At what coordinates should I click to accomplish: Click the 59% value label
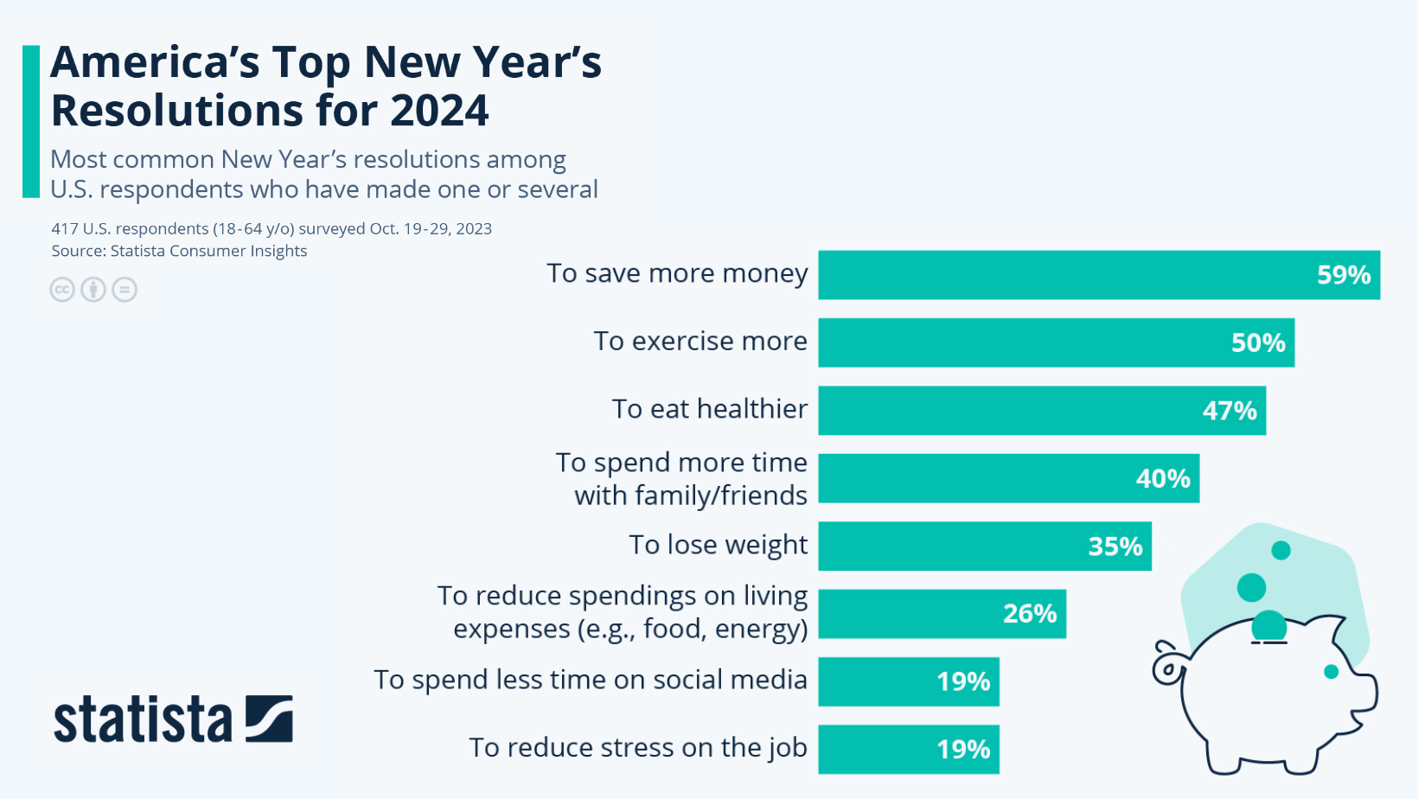pyautogui.click(x=1343, y=275)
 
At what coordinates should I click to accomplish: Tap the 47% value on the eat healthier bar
pyautogui.click(x=1229, y=411)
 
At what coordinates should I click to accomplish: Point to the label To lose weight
pyautogui.click(x=718, y=545)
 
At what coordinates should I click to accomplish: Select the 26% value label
pyautogui.click(x=1029, y=614)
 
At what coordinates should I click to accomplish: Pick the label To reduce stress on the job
pyautogui.click(x=637, y=747)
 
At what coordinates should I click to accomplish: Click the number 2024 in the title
pyautogui.click(x=439, y=111)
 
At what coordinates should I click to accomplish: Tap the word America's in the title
pyautogui.click(x=154, y=62)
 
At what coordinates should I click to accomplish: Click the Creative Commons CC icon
pyautogui.click(x=62, y=290)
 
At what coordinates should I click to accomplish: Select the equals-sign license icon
pyautogui.click(x=125, y=290)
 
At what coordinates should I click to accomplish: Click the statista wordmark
pyautogui.click(x=143, y=719)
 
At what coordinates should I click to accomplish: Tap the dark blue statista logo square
pyautogui.click(x=269, y=719)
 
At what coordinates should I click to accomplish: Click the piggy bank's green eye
pyautogui.click(x=1331, y=672)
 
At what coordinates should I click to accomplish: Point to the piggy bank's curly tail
pyautogui.click(x=1167, y=664)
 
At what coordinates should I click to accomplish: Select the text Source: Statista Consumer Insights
pyautogui.click(x=179, y=251)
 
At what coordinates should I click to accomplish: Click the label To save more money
pyautogui.click(x=677, y=273)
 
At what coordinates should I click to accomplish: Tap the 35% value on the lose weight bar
pyautogui.click(x=1115, y=547)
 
